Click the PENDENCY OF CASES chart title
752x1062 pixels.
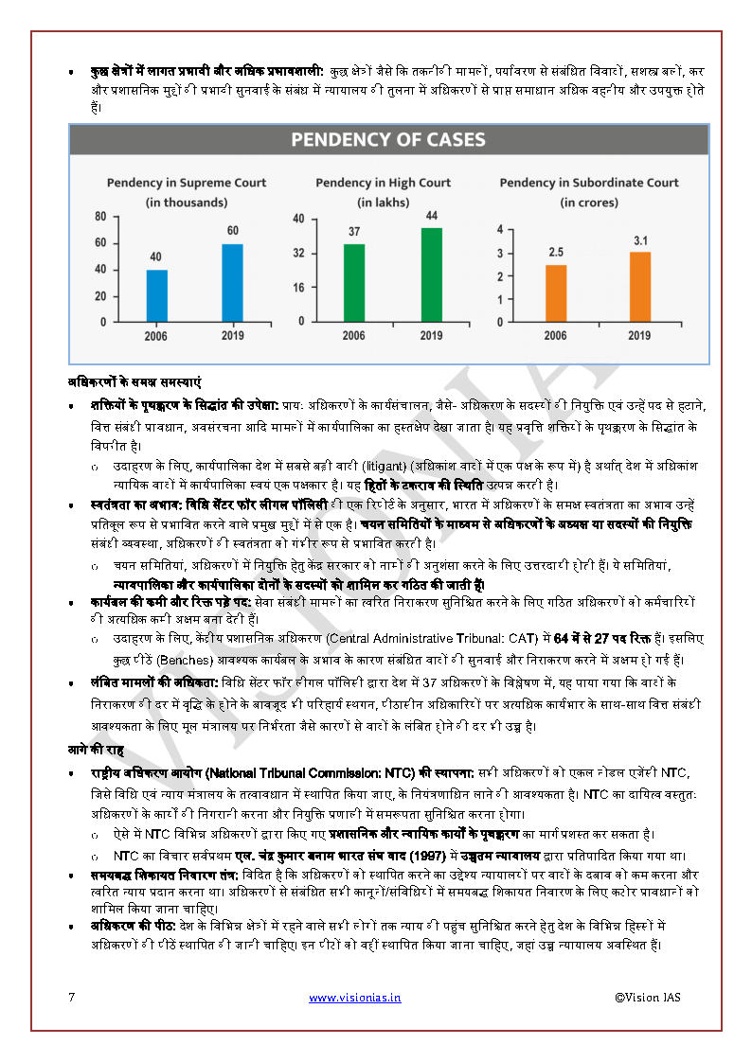click(x=387, y=140)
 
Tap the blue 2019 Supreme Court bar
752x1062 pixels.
click(x=232, y=283)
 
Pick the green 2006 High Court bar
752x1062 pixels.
click(x=353, y=283)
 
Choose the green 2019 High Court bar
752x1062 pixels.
click(x=431, y=274)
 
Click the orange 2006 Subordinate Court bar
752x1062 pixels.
click(x=556, y=293)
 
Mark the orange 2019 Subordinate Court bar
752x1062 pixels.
click(x=640, y=287)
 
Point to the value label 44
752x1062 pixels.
click(x=431, y=217)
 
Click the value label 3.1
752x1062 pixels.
click(x=640, y=241)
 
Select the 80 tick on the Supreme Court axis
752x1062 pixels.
click(x=99, y=217)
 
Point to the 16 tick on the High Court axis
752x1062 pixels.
click(x=297, y=288)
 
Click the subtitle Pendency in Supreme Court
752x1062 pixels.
click(x=186, y=183)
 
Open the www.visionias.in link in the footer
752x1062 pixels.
click(x=354, y=997)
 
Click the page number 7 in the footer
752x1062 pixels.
click(x=72, y=997)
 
